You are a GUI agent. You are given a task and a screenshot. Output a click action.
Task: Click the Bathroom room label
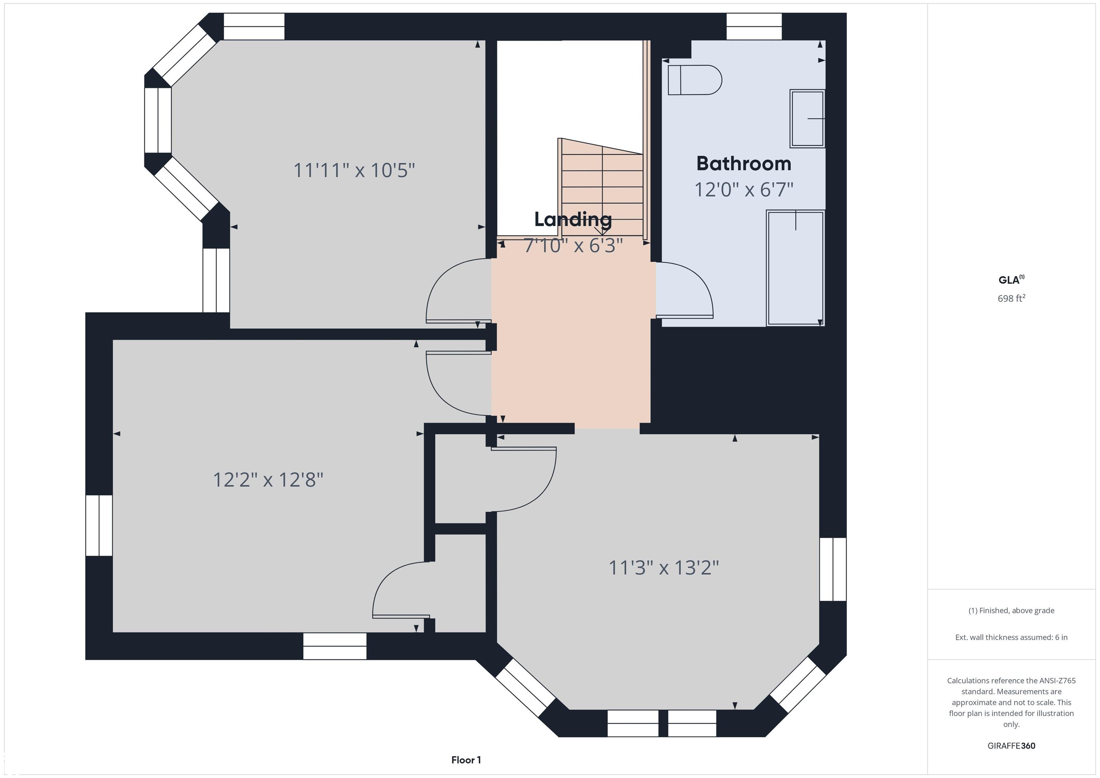(x=744, y=164)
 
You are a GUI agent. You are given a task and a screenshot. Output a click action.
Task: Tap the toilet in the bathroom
(x=695, y=80)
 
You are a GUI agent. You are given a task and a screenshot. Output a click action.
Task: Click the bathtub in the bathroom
(x=795, y=268)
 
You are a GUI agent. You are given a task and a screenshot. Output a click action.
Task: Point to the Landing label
(x=573, y=219)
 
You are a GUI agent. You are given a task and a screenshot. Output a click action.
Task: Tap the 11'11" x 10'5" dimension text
(x=354, y=170)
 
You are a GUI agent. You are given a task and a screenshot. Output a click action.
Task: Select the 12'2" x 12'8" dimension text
(x=268, y=479)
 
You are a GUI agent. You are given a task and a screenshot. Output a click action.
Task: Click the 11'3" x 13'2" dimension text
(x=664, y=568)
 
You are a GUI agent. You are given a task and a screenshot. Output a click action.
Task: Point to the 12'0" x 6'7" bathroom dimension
(x=744, y=190)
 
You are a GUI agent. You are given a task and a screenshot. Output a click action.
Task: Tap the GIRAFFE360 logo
(x=1011, y=745)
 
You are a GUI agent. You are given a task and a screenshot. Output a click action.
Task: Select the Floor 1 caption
(x=466, y=760)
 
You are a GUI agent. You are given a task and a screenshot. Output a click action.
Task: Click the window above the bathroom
(x=754, y=26)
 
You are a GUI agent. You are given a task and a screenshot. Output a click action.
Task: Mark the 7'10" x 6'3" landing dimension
(x=573, y=245)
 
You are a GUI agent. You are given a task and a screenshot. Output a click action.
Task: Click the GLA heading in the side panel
(x=1011, y=280)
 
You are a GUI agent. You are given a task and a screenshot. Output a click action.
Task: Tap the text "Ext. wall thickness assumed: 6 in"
(x=1011, y=637)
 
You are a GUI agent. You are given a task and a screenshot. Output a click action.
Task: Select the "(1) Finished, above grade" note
(x=1011, y=610)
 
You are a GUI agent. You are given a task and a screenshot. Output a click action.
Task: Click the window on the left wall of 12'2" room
(x=99, y=526)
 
